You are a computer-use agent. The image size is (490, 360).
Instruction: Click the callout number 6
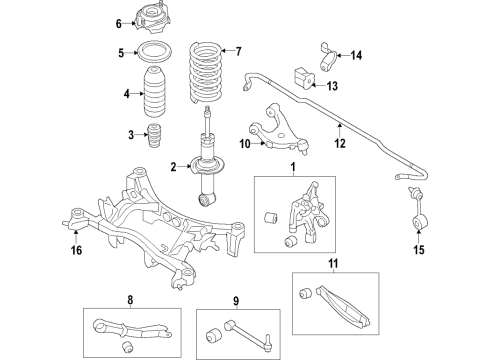[119, 23]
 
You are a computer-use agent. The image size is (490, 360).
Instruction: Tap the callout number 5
[119, 53]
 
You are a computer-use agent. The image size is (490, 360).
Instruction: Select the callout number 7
[237, 50]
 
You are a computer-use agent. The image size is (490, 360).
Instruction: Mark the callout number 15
[417, 249]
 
